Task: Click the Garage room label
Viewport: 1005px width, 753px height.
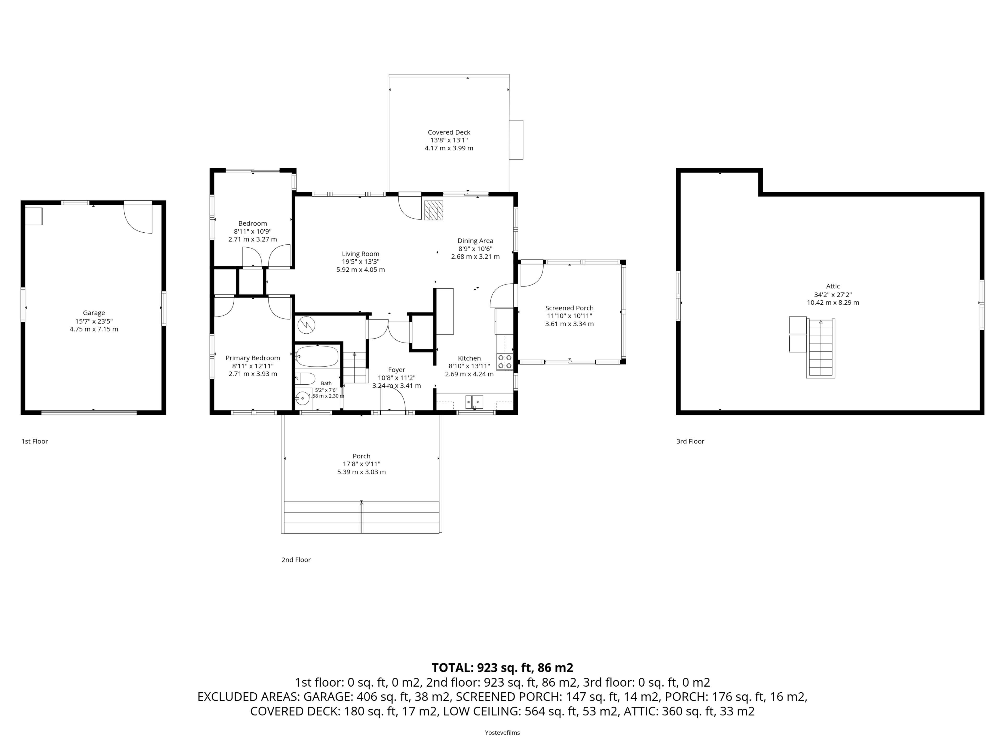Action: [x=94, y=313]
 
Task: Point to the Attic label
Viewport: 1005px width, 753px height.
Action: [x=833, y=286]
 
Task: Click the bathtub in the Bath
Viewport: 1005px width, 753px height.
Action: [x=317, y=356]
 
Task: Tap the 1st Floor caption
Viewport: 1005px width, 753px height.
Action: [x=35, y=441]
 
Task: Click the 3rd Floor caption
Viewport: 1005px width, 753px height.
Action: [x=690, y=441]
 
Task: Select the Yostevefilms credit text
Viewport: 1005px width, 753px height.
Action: [x=502, y=733]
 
